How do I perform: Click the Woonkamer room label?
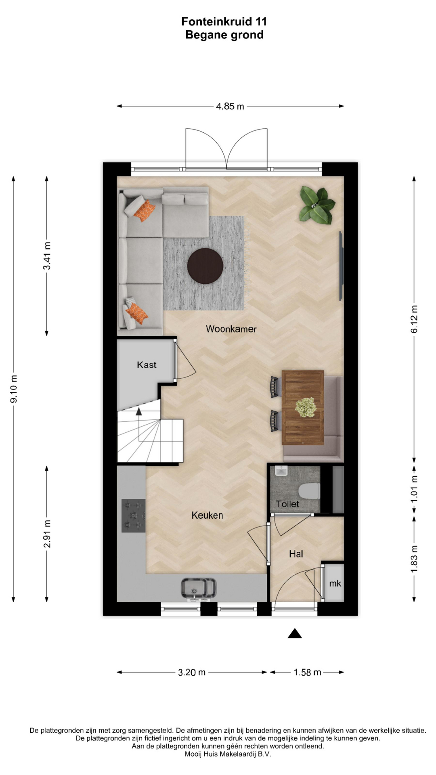231,329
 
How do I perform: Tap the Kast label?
147,365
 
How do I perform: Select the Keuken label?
207,515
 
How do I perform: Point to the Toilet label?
287,504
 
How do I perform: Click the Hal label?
296,554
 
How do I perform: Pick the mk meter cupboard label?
335,583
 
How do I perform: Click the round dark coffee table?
205,266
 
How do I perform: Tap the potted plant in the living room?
317,205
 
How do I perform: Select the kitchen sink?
198,588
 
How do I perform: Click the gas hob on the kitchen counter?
134,516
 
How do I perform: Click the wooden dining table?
303,407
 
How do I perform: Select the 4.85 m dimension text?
230,107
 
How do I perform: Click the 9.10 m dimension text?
14,389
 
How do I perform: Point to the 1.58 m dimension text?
307,672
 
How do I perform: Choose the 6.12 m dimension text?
414,319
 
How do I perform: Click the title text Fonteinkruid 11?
224,21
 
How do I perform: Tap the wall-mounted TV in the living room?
341,266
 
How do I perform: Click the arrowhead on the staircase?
139,411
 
